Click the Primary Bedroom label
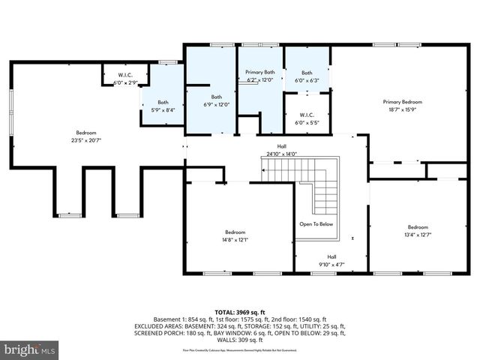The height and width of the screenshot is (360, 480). (403, 102)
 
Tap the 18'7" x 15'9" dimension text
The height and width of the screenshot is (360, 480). (403, 109)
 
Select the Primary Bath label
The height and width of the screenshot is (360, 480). (260, 72)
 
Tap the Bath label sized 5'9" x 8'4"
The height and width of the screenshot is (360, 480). (163, 103)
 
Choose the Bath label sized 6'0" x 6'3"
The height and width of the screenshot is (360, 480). (307, 73)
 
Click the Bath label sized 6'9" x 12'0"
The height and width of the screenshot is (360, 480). (216, 97)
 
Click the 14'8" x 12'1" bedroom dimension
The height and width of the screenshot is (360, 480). (235, 240)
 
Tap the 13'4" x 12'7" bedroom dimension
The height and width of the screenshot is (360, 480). (418, 235)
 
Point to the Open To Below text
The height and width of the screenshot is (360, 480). (316, 224)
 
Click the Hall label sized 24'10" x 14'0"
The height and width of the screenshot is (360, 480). (281, 147)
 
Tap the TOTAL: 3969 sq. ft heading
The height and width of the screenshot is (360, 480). (239, 310)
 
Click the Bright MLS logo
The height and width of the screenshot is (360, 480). (29, 349)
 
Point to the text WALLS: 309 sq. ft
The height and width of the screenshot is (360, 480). (239, 342)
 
